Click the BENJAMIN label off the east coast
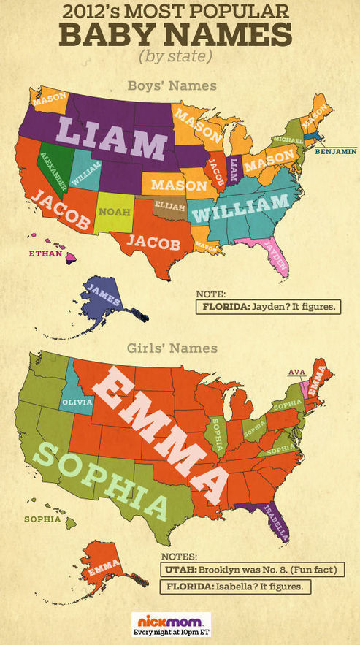pyautogui.click(x=336, y=152)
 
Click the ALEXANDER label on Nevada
pyautogui.click(x=53, y=170)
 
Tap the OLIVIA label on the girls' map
pyautogui.click(x=78, y=401)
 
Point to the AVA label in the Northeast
pyautogui.click(x=296, y=372)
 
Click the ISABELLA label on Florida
pyautogui.click(x=276, y=522)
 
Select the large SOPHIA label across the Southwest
pyautogui.click(x=99, y=482)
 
